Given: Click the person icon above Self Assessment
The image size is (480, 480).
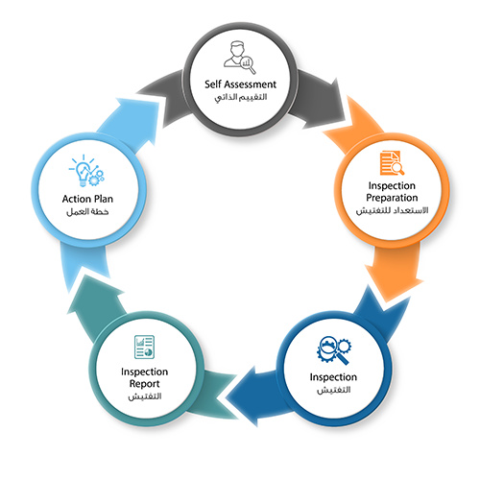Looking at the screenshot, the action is pyautogui.click(x=240, y=57).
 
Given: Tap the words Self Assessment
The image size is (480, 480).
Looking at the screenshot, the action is pyautogui.click(x=240, y=84).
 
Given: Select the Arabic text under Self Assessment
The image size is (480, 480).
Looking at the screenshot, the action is pyautogui.click(x=241, y=97).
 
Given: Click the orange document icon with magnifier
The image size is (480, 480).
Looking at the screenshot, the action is pyautogui.click(x=392, y=163).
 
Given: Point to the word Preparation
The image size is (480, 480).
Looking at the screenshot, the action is pyautogui.click(x=392, y=198).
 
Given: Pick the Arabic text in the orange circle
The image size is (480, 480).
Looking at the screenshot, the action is pyautogui.click(x=392, y=210).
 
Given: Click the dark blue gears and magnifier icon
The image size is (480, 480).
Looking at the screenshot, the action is pyautogui.click(x=334, y=350).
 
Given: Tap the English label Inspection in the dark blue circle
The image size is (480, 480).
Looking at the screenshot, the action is pyautogui.click(x=333, y=377).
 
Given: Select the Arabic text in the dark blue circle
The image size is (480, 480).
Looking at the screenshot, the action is pyautogui.click(x=333, y=390).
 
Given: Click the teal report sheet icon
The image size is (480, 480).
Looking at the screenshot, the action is pyautogui.click(x=144, y=347).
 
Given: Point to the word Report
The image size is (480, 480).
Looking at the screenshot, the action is pyautogui.click(x=144, y=384).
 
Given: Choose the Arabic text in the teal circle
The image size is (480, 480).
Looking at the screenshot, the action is pyautogui.click(x=145, y=396).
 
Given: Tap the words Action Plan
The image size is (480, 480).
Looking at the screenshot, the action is pyautogui.click(x=87, y=199).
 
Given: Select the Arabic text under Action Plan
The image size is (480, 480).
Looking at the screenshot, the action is pyautogui.click(x=87, y=212).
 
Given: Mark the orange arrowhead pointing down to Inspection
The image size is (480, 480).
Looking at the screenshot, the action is pyautogui.click(x=395, y=284).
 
